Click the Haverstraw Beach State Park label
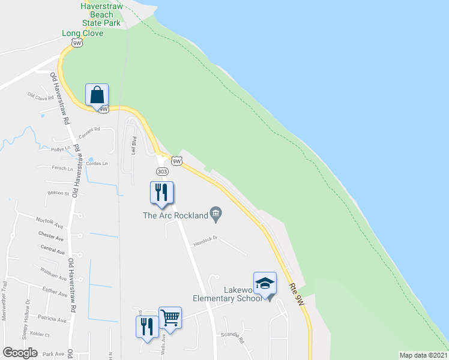click(100, 14)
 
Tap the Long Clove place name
click(83, 33)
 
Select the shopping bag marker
click(97, 95)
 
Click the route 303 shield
click(162, 172)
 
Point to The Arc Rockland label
click(175, 215)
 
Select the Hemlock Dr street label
click(204, 241)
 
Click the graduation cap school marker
click(265, 283)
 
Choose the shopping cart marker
click(170, 318)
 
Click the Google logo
click(20, 353)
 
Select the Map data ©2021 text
click(424, 355)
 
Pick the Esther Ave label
click(55, 294)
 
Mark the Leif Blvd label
click(134, 146)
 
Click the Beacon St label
click(59, 193)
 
